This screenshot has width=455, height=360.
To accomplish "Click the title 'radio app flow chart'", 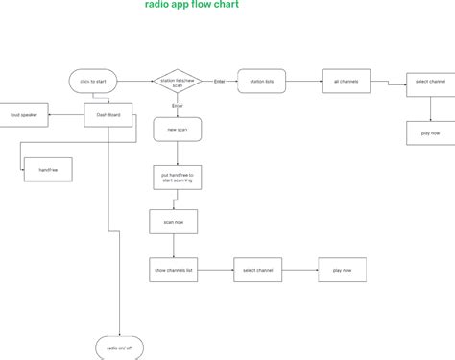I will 191,5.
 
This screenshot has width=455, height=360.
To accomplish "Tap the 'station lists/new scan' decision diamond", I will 178,83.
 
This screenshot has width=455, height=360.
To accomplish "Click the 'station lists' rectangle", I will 262,83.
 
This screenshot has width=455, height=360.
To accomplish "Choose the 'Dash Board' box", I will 108,115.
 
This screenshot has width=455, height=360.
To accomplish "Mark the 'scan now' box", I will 173,223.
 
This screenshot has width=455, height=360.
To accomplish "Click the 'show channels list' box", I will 173,271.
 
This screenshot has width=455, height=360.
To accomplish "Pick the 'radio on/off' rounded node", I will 120,348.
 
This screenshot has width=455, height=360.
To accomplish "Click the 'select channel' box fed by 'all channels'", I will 429,83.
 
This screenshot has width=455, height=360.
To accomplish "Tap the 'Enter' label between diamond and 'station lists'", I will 219,80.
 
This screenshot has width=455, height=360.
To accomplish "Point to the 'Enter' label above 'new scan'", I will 177,104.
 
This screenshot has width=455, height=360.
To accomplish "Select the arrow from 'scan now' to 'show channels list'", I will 173,247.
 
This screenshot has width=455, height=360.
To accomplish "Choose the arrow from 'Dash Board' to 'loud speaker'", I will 68,115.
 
